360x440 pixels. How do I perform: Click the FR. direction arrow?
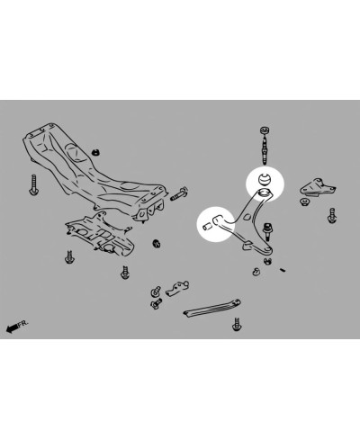pyautogui.click(x=11, y=328)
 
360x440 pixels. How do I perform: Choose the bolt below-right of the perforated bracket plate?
pyautogui.click(x=125, y=269)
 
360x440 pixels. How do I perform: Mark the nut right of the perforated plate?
pyautogui.click(x=158, y=243)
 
